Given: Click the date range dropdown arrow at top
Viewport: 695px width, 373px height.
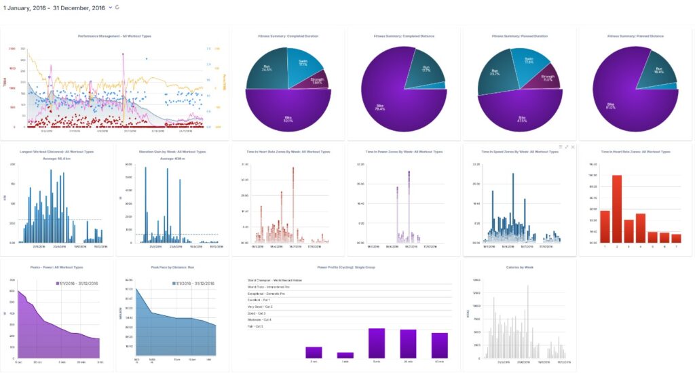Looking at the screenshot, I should pos(111,7).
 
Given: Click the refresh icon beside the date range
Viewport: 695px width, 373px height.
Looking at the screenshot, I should pos(118,7).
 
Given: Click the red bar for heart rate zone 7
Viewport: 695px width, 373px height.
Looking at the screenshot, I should pos(676,238).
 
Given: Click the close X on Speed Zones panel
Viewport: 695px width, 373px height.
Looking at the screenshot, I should pos(573,146).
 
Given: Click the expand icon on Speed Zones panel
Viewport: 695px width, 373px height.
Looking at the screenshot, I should pos(567,146).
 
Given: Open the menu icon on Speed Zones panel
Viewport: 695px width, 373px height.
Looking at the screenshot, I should pos(560,146).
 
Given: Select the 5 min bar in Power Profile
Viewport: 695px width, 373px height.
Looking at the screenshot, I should pos(377,343).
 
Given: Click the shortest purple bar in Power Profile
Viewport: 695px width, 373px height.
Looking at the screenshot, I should pos(345,355).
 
